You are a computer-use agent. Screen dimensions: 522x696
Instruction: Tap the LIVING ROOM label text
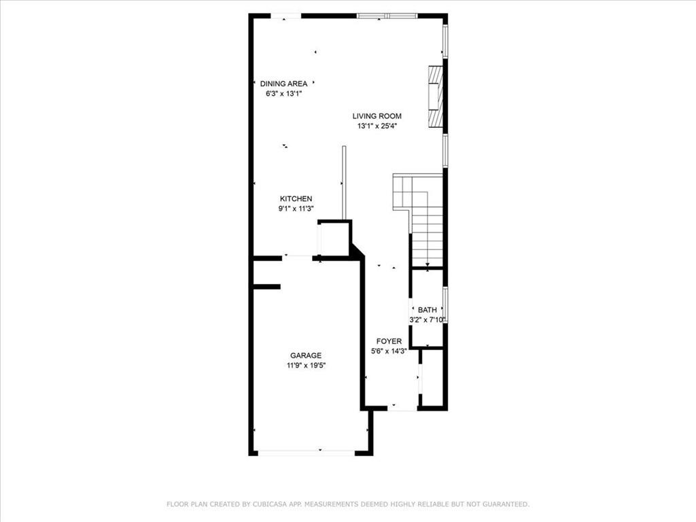(x=377, y=116)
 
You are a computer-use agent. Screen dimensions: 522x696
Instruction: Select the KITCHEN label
(x=296, y=199)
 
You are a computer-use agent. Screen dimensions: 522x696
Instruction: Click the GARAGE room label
(x=305, y=355)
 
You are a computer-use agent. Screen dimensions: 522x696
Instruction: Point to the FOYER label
(x=389, y=341)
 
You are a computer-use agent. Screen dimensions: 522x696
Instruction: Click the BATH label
(x=427, y=310)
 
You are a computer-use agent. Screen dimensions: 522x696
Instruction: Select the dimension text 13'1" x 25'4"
(x=377, y=126)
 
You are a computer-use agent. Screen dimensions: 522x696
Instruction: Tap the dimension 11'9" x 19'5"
(x=306, y=366)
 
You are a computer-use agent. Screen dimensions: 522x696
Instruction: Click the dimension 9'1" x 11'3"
(x=296, y=209)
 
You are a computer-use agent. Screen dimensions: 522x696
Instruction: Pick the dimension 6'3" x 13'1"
(x=283, y=94)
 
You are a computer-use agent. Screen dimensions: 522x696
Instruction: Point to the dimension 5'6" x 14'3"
(x=389, y=351)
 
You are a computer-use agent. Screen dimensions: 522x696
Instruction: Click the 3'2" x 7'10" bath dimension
(x=428, y=319)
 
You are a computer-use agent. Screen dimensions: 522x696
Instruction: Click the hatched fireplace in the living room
(x=435, y=96)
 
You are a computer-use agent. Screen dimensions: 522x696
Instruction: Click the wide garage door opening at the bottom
(x=306, y=452)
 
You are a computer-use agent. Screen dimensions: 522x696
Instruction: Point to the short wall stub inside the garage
(x=266, y=287)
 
